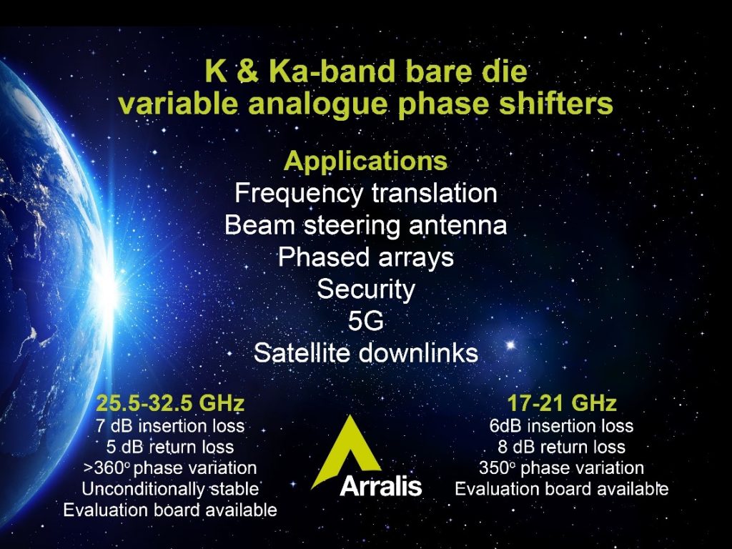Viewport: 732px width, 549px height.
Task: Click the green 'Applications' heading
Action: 365,161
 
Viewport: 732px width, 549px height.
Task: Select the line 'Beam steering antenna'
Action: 365,225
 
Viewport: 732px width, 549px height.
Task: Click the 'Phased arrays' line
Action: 365,257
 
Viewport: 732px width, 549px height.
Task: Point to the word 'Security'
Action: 365,290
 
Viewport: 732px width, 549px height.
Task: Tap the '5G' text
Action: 365,321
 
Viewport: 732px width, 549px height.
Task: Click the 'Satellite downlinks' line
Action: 365,353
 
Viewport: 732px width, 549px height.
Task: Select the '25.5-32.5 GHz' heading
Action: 170,403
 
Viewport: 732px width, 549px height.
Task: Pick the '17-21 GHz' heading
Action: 562,403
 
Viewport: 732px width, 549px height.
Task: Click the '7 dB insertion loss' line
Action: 170,426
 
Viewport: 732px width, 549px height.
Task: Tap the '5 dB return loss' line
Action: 170,447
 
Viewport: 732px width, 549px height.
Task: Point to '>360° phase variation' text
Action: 170,468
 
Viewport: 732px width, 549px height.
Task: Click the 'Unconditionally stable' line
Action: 170,489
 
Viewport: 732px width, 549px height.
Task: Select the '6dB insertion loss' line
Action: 562,426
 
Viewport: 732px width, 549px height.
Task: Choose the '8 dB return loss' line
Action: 562,447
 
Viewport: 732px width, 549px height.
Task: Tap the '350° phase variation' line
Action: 562,468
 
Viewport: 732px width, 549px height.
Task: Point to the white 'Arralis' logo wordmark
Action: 381,486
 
